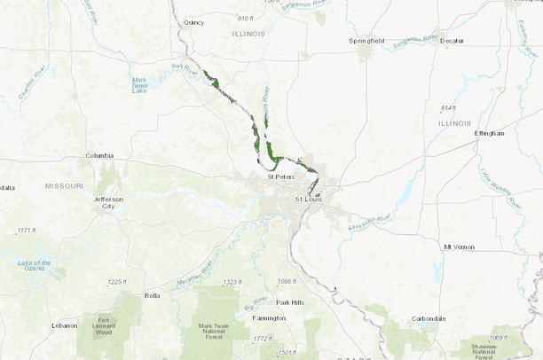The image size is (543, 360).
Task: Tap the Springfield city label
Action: [366, 41]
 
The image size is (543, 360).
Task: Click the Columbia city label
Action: [99, 155]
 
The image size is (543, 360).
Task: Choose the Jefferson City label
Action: [108, 203]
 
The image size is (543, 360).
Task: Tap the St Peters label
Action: [280, 176]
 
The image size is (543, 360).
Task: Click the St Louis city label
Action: [309, 199]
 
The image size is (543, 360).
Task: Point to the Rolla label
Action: [153, 295]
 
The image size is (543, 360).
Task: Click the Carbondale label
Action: [429, 318]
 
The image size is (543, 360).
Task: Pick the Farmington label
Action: [269, 317]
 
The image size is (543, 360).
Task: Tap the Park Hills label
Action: [290, 302]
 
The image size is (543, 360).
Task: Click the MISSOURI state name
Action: [64, 186]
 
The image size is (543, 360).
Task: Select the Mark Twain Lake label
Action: [139, 85]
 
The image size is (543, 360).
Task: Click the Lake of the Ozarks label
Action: [35, 267]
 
